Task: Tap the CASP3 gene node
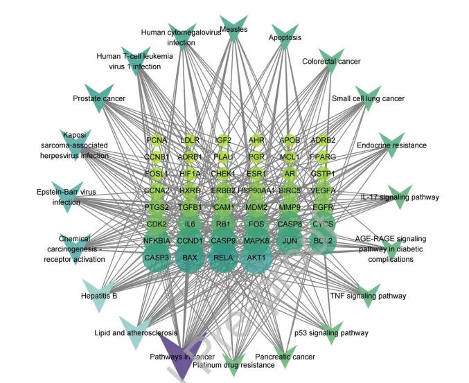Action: (x=157, y=258)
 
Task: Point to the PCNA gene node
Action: (x=157, y=141)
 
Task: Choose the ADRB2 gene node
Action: (x=323, y=141)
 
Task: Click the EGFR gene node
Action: (x=323, y=207)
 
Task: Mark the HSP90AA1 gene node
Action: (x=256, y=190)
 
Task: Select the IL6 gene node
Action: (x=190, y=224)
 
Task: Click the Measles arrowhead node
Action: (x=233, y=31)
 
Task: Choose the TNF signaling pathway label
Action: (x=368, y=296)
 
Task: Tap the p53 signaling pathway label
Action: (x=331, y=333)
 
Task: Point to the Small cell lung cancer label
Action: (x=368, y=99)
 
